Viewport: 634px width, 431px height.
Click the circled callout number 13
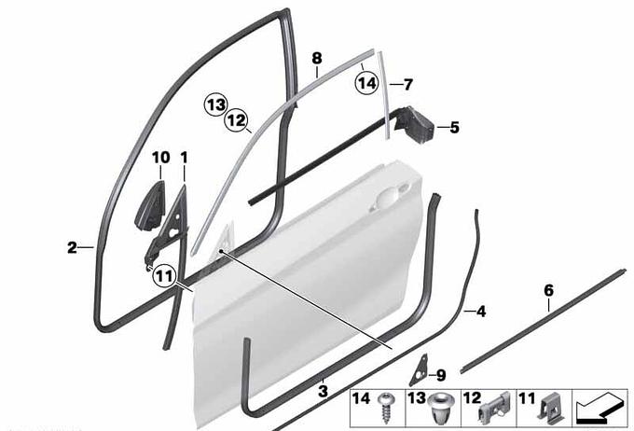pos(215,104)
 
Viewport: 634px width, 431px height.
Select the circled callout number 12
pos(237,120)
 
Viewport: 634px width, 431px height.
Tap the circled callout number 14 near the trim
pos(366,83)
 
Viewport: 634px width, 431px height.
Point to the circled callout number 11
pos(164,276)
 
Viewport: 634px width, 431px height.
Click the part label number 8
pos(317,58)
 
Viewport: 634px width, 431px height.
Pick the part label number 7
pos(408,85)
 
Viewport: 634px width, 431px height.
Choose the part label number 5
pos(454,128)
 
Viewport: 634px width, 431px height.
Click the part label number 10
pos(160,158)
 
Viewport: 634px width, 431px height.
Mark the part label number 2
pos(72,247)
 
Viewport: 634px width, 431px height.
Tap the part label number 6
pos(548,290)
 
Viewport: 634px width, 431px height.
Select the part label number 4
pos(481,312)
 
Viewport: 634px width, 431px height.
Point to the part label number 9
pos(440,376)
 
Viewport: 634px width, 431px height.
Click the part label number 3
pos(324,391)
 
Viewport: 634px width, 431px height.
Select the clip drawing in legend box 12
pos(494,408)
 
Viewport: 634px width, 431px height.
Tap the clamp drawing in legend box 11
pos(548,408)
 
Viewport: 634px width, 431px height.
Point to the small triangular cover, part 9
pos(419,369)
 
